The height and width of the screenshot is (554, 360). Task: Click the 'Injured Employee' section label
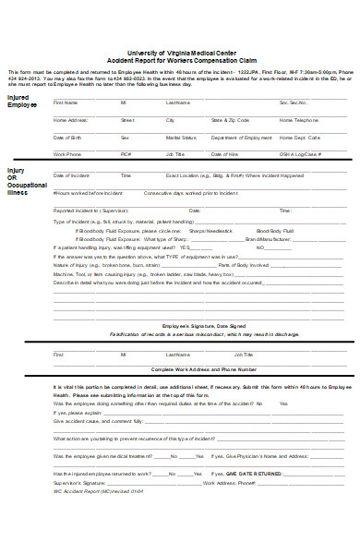click(x=23, y=102)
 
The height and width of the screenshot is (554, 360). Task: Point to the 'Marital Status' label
click(x=178, y=138)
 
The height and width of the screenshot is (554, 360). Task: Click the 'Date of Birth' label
click(x=67, y=138)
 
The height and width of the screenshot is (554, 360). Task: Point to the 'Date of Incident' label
click(x=71, y=175)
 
